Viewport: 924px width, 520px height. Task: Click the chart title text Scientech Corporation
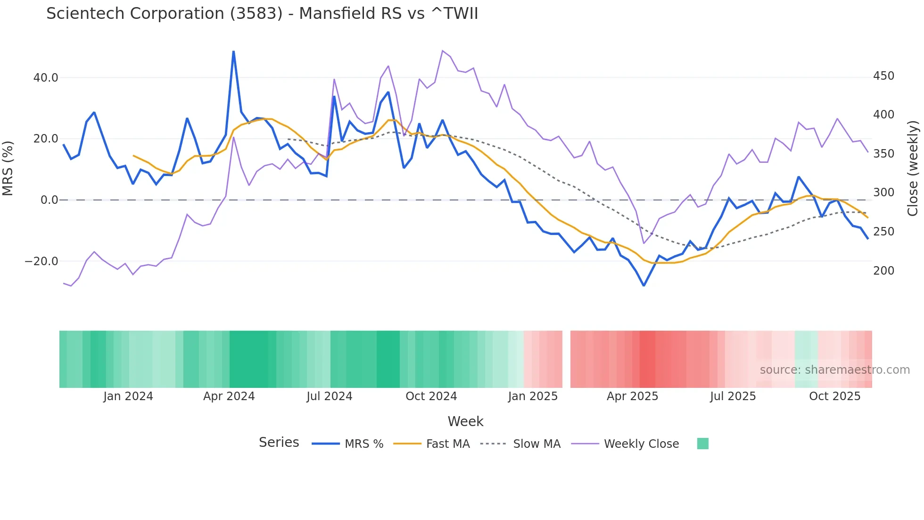[262, 14]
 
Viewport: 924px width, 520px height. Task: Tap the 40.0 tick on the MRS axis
[46, 78]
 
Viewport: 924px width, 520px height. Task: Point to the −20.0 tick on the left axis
[41, 261]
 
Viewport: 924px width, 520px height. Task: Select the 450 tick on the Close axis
[883, 76]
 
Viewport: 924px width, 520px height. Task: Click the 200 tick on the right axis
[883, 271]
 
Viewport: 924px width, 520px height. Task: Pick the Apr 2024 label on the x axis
[229, 396]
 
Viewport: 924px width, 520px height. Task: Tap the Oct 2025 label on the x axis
[834, 396]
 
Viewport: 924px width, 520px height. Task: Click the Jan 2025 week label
[533, 396]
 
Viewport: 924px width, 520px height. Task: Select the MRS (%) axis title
[8, 168]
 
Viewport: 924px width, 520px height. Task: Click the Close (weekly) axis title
[913, 168]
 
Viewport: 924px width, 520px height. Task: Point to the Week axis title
[465, 421]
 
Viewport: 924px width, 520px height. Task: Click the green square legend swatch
[702, 444]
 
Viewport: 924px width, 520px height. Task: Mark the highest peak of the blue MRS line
[233, 51]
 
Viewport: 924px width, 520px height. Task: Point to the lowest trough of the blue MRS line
[643, 285]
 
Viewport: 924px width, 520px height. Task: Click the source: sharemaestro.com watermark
[834, 370]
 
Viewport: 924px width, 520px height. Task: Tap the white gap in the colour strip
[566, 359]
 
